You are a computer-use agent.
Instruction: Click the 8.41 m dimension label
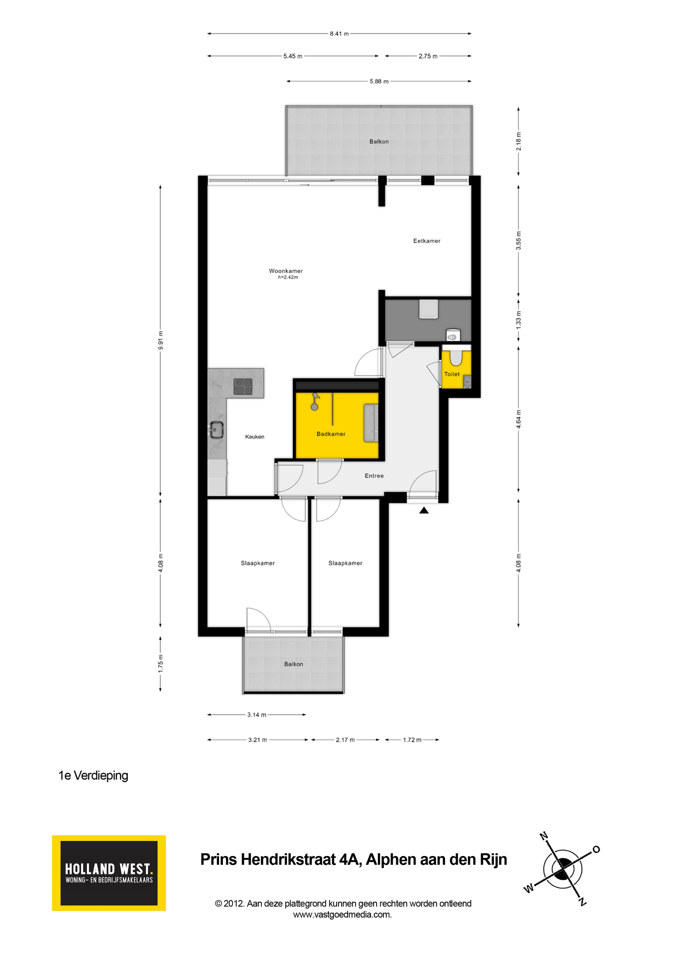pos(339,33)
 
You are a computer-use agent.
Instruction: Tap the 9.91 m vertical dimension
pos(161,340)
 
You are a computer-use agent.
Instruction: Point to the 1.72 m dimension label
pos(412,740)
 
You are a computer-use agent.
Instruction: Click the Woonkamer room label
pos(286,271)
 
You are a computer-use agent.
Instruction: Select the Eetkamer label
pos(427,241)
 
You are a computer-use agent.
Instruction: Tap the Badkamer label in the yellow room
pos(331,434)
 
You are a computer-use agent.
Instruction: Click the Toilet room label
pos(452,374)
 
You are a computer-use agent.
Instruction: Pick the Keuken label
pos(254,436)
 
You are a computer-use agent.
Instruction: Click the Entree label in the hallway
pos(374,476)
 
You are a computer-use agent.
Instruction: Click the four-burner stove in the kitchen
pos(243,386)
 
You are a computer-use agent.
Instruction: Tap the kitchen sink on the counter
pos(217,430)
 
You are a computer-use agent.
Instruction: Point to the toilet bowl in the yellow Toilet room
pos(455,358)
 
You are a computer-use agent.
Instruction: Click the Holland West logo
pos(109,873)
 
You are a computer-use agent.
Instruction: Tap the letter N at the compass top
pos(544,836)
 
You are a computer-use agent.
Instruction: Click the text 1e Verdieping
pos(93,776)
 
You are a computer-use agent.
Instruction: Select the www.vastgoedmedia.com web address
pos(342,914)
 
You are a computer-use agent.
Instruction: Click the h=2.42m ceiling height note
pos(288,277)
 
